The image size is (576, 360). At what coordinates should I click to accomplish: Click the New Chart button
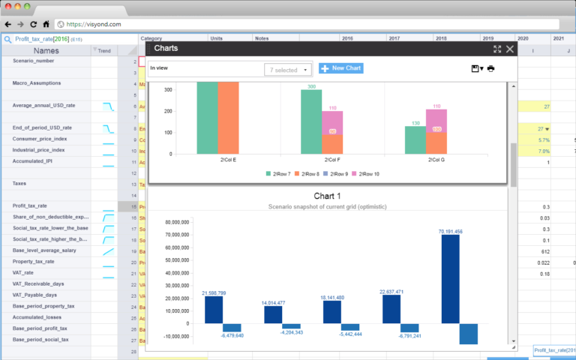341,68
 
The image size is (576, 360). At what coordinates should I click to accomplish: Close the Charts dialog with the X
510,49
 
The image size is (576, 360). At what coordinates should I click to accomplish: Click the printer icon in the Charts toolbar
491,69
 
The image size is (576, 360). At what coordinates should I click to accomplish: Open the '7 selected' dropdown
288,70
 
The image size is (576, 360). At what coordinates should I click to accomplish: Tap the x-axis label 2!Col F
332,160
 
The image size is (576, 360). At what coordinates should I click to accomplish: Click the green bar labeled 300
311,121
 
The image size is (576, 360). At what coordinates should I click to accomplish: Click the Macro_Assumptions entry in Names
37,83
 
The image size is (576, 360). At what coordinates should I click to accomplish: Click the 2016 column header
347,37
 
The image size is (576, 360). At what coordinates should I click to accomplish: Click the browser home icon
46,23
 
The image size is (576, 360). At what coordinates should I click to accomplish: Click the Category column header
151,37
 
